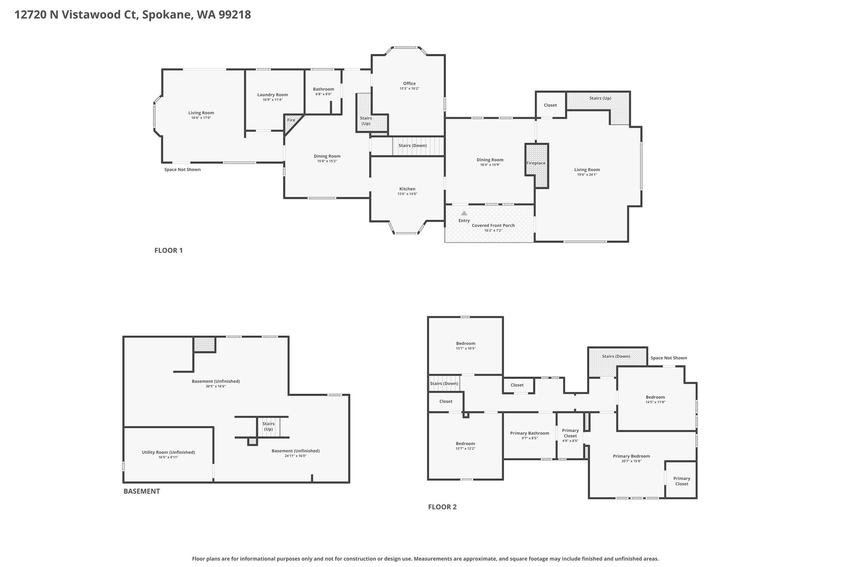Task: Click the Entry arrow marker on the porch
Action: [464, 213]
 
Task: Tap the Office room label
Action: [409, 83]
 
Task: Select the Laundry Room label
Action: [273, 95]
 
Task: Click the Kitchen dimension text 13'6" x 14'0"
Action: [407, 194]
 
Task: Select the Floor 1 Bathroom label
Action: [324, 89]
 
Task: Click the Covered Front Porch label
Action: [493, 226]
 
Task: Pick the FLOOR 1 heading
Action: [169, 250]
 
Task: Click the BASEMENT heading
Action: [142, 491]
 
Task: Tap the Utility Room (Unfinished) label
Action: [168, 452]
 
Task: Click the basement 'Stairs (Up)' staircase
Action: [268, 427]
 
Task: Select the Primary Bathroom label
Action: [530, 433]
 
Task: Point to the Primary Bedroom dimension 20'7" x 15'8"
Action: [631, 461]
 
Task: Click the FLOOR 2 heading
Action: [443, 507]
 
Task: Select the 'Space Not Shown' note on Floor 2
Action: [669, 358]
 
